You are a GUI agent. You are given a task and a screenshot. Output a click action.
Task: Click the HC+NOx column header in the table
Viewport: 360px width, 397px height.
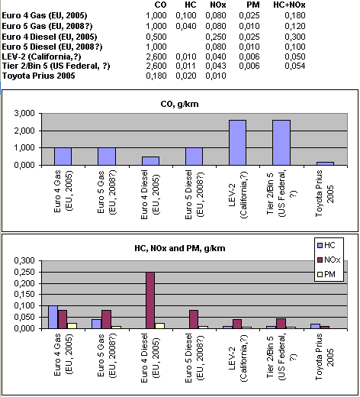(x=289, y=5)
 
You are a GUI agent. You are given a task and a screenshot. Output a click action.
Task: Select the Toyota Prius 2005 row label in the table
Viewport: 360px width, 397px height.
(x=39, y=76)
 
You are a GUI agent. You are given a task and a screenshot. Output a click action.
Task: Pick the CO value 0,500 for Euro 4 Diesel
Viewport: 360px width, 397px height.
(x=156, y=37)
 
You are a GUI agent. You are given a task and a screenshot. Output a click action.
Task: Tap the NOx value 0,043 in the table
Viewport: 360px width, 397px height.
(x=216, y=66)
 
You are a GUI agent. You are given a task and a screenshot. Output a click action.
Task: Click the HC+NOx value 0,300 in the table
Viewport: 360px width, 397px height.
(x=295, y=37)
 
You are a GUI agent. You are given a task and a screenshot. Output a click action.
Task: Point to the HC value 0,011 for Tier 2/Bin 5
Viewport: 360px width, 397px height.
(x=186, y=66)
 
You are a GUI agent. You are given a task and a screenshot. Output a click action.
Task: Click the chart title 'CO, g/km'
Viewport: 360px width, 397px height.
(x=179, y=104)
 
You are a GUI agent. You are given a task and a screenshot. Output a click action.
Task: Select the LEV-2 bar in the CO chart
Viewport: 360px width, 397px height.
(x=237, y=143)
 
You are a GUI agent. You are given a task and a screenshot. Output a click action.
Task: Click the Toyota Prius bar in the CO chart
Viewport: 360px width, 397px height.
(x=325, y=163)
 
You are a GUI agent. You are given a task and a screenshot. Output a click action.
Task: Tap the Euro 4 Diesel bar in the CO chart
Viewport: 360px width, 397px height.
(x=150, y=161)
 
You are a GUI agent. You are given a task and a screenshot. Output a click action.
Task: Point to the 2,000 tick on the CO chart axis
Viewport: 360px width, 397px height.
(x=24, y=131)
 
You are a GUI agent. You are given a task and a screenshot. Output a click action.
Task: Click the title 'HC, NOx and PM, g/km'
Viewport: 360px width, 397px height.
(x=180, y=248)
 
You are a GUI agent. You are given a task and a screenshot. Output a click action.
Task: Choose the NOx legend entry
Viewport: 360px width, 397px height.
(x=329, y=260)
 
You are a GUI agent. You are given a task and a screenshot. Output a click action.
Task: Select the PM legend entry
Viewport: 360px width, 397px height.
(x=326, y=274)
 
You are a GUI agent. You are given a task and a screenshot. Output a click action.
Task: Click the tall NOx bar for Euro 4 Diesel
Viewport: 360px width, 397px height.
(x=150, y=300)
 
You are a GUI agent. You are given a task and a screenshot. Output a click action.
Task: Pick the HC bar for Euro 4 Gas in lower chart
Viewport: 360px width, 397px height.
(x=53, y=317)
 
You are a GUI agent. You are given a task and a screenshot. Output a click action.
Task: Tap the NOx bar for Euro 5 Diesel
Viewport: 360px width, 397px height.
(x=194, y=319)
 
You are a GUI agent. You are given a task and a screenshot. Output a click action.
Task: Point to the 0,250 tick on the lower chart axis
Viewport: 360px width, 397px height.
(x=24, y=272)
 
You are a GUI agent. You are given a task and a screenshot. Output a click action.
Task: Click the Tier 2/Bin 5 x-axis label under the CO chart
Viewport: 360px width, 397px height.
(x=282, y=194)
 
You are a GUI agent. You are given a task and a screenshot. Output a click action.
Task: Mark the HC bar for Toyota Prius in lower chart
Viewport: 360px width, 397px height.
(x=315, y=326)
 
